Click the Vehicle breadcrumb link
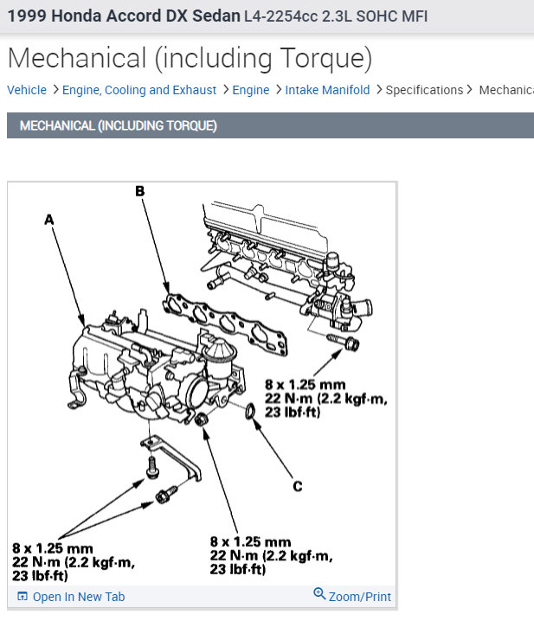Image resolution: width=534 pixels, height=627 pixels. [27, 90]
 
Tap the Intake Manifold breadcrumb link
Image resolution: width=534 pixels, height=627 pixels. [327, 90]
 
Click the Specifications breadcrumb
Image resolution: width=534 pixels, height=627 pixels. [424, 90]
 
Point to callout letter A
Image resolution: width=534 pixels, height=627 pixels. [49, 221]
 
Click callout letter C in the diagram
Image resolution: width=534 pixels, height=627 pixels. [297, 487]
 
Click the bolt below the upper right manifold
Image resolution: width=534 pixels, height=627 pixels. [352, 344]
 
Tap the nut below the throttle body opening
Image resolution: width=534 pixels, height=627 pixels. [202, 421]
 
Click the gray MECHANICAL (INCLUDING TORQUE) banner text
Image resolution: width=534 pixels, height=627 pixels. [118, 125]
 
